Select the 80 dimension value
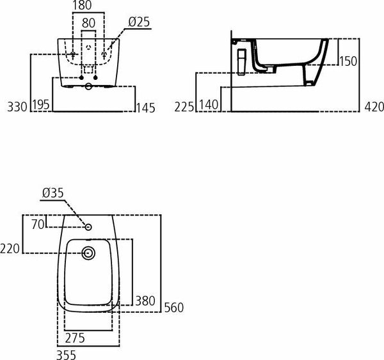(x=89, y=22)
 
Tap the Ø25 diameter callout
(x=138, y=22)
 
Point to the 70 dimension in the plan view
(x=38, y=224)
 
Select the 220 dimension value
(x=11, y=247)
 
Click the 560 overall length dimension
(x=173, y=308)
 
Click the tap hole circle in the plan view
(x=89, y=226)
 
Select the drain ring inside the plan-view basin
(x=89, y=253)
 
